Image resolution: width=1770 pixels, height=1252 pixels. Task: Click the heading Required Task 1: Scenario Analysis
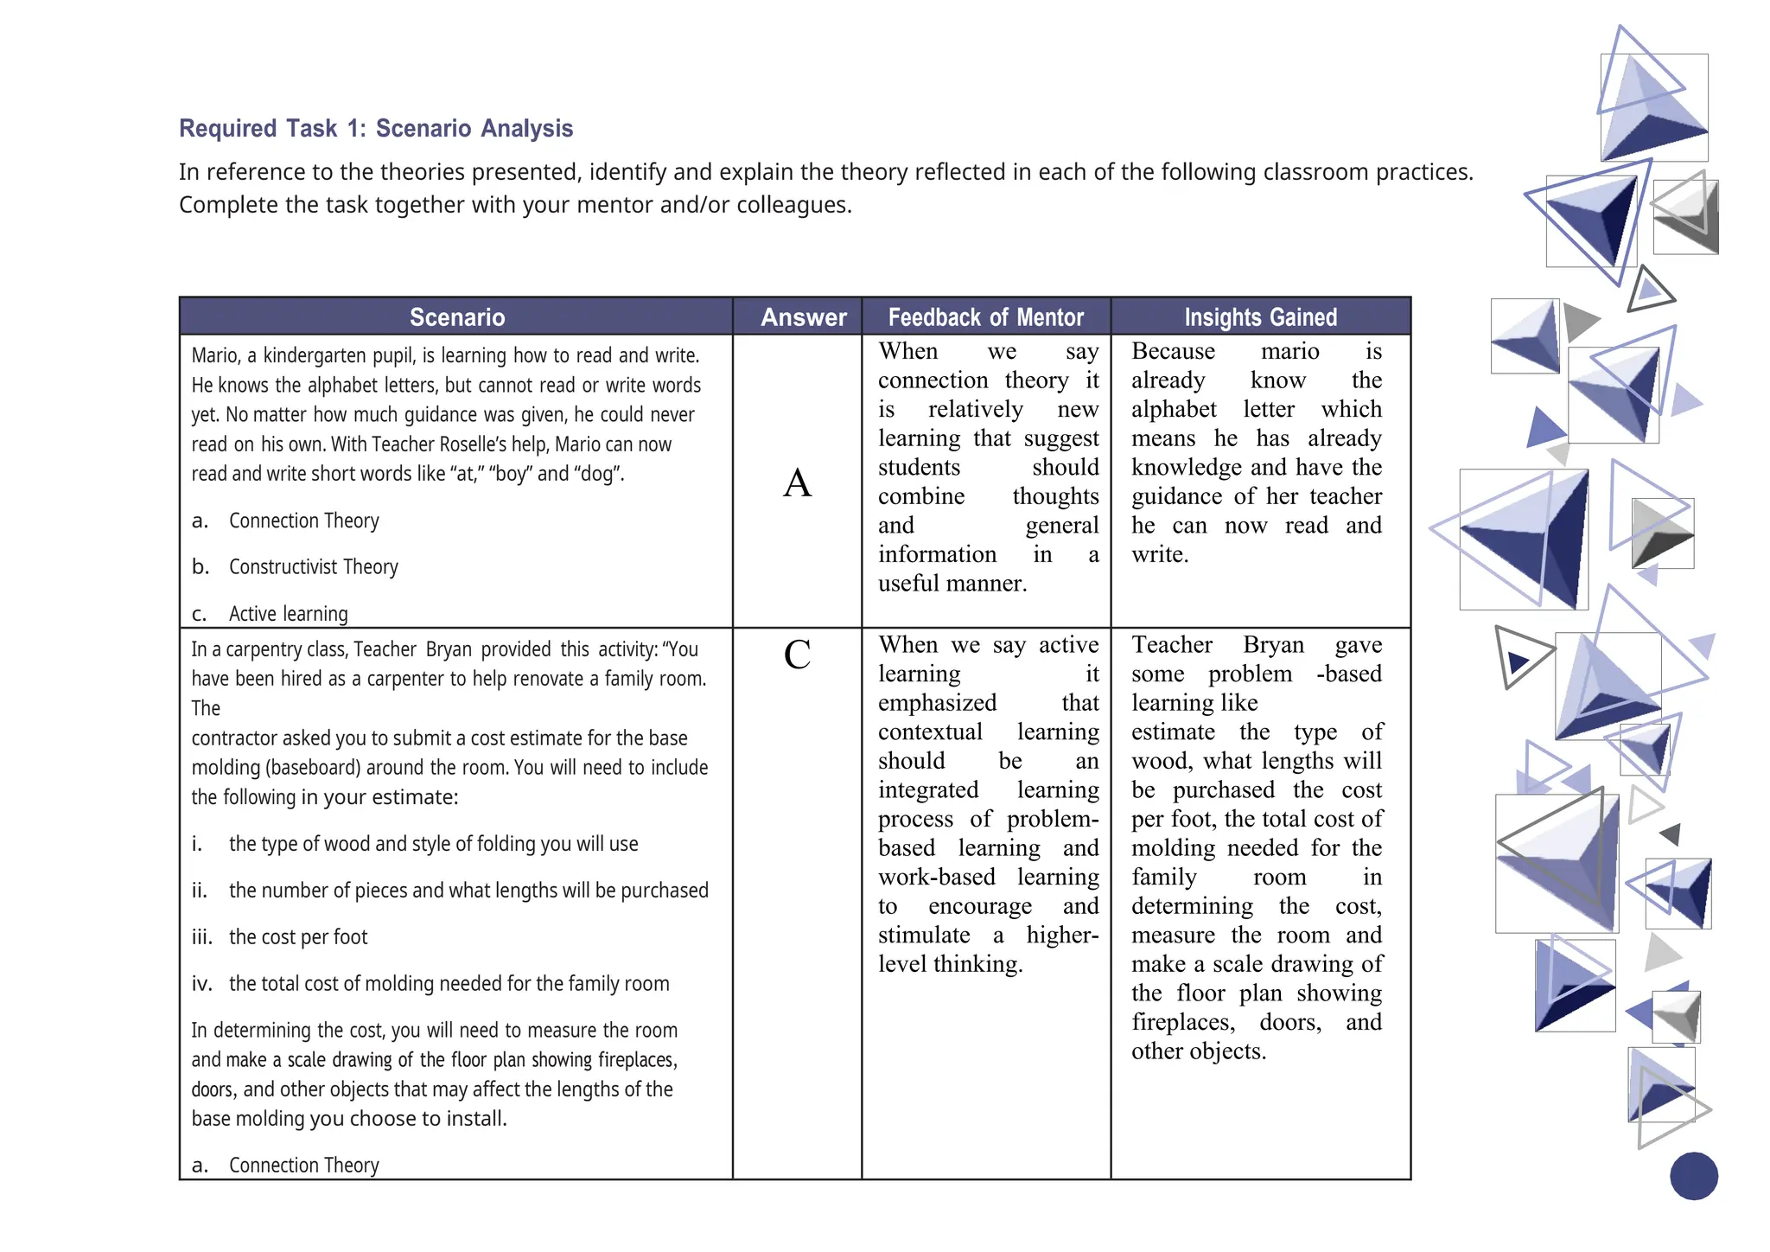coord(376,129)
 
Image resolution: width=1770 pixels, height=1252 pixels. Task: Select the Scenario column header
coord(456,317)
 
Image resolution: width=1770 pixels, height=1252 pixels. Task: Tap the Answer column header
coord(803,317)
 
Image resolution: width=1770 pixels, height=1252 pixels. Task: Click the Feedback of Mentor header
coord(985,317)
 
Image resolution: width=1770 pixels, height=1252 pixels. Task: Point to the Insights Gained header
coord(1260,317)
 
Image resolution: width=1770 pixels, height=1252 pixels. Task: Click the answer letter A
coord(797,482)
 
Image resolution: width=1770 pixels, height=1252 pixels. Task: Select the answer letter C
coord(797,655)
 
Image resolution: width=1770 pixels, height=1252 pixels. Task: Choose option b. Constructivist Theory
coord(313,567)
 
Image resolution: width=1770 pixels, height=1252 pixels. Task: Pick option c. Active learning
coord(288,614)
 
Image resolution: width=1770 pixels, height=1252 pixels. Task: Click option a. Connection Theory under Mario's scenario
coord(303,521)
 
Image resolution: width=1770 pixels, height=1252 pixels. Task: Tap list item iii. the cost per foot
coord(297,937)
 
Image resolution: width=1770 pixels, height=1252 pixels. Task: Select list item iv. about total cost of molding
coord(448,984)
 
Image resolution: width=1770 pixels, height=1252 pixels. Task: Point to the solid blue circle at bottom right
coord(1693,1176)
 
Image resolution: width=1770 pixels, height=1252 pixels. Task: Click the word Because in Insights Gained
coord(1173,352)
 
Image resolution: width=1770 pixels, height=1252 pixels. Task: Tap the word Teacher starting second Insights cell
coord(1172,645)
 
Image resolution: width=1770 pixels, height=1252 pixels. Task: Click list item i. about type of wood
coord(432,844)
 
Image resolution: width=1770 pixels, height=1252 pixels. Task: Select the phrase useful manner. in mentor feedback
coord(952,584)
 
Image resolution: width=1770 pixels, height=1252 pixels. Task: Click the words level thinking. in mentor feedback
coord(951,964)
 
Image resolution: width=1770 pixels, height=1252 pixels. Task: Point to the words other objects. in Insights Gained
coord(1199,1051)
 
